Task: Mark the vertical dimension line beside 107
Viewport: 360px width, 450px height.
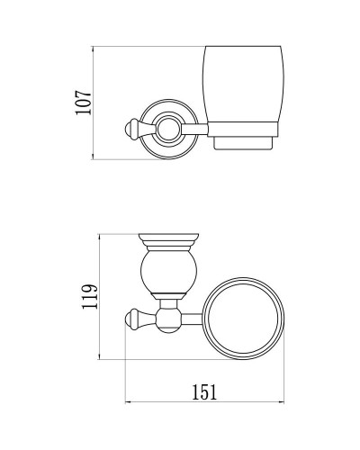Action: [x=95, y=105]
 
